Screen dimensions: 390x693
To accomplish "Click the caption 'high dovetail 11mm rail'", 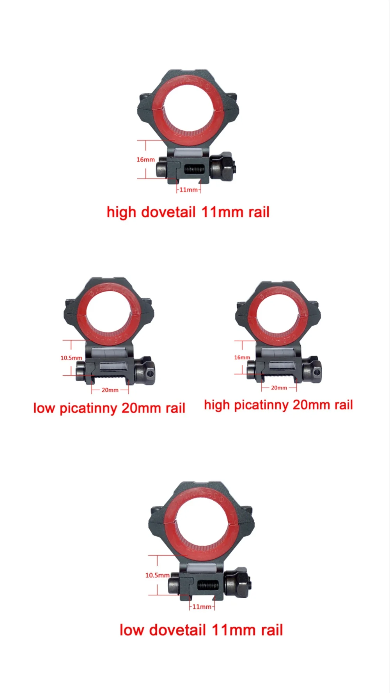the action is click(188, 212).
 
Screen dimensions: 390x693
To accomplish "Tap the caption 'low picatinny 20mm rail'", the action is click(109, 408).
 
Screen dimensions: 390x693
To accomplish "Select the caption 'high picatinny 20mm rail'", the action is click(278, 405).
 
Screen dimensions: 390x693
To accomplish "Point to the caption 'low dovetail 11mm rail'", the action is click(201, 630).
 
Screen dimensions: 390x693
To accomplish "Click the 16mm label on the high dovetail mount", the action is click(145, 160).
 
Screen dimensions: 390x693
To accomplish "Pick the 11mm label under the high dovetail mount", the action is click(188, 190).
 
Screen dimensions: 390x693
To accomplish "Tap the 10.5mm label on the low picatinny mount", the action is click(71, 358).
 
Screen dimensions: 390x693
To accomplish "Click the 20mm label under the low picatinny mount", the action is click(110, 390).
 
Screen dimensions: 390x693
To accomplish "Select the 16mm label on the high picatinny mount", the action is click(242, 357).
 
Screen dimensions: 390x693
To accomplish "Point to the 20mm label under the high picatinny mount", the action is click(279, 388).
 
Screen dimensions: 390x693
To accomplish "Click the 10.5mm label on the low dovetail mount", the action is click(157, 575).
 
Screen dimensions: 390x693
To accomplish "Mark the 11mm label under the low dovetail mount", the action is click(202, 607).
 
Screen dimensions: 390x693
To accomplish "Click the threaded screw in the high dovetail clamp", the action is click(194, 169).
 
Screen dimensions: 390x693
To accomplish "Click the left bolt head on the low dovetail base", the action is click(174, 586).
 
